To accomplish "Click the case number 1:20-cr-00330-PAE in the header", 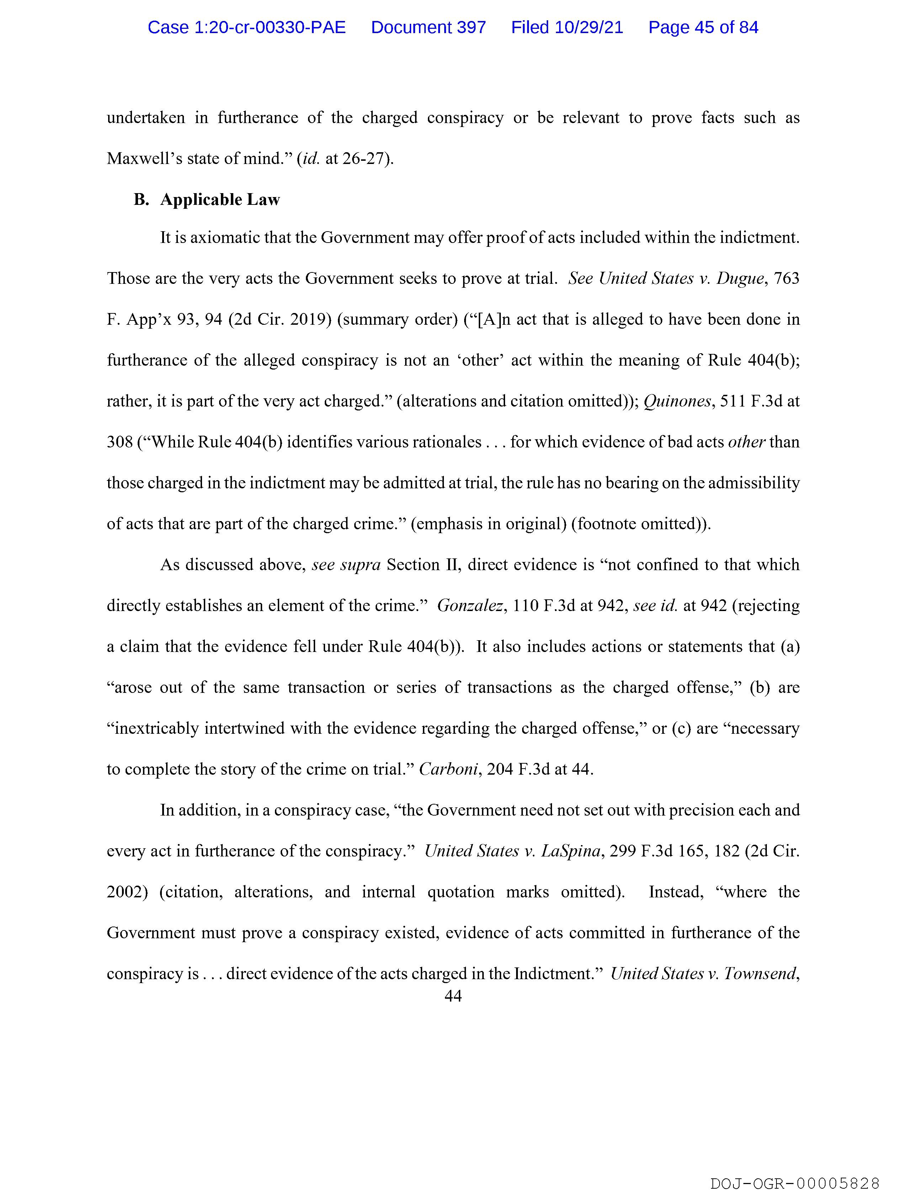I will [247, 27].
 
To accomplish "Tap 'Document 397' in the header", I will [428, 27].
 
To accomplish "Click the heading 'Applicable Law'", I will [220, 200].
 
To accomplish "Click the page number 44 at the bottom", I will [453, 996].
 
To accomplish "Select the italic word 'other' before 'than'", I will [746, 442].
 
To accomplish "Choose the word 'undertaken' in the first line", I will [146, 118].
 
